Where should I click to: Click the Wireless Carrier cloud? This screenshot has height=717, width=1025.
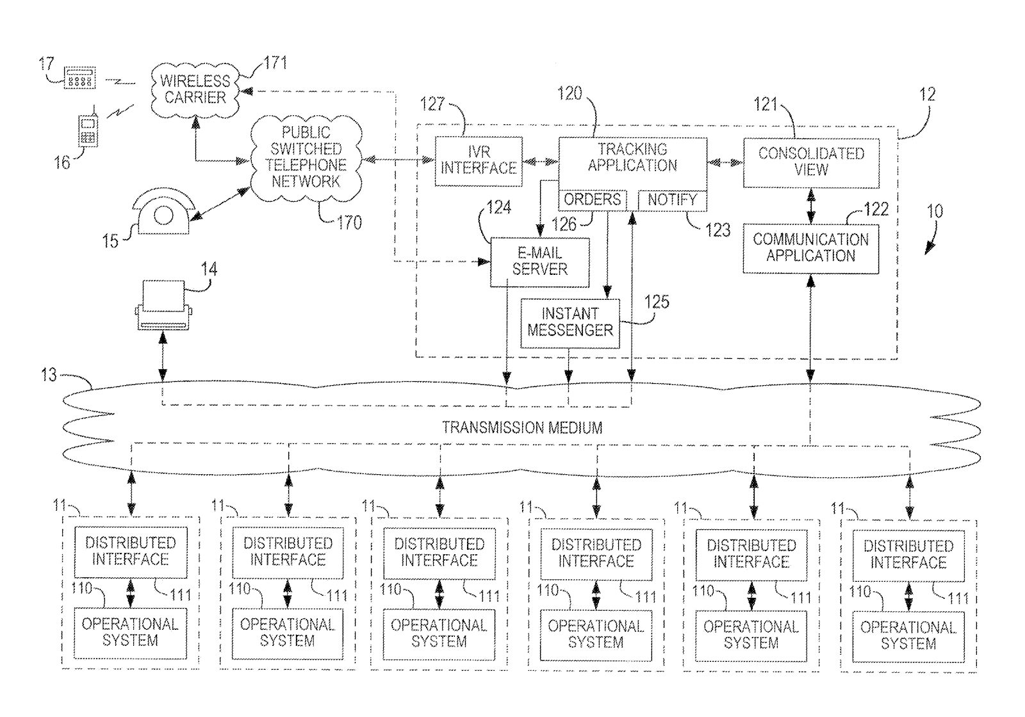(195, 90)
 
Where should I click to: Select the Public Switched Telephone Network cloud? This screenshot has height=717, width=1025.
(306, 158)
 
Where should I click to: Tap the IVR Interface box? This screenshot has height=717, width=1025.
(478, 161)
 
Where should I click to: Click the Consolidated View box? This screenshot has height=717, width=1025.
(811, 163)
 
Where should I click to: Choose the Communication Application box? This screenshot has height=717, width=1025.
(810, 249)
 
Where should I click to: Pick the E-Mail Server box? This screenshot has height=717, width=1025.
(539, 262)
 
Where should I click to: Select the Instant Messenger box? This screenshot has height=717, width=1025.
(570, 324)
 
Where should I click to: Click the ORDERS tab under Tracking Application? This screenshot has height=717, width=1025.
(593, 200)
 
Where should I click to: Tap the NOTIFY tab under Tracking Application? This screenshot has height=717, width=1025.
(672, 201)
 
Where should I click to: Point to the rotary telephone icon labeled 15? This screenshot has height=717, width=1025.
(163, 212)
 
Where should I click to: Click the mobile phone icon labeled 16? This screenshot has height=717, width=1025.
(88, 129)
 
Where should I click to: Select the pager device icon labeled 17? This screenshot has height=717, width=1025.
(79, 78)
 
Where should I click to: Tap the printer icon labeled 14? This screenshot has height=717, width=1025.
(163, 305)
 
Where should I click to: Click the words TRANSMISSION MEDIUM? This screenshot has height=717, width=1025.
(522, 427)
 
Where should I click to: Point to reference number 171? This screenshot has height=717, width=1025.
(275, 63)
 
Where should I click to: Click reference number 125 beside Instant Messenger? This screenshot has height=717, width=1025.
(657, 302)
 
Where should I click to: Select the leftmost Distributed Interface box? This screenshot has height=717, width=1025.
(131, 552)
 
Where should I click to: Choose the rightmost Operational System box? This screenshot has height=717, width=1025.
(908, 636)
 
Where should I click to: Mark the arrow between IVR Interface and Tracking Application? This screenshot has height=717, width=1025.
(541, 161)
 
